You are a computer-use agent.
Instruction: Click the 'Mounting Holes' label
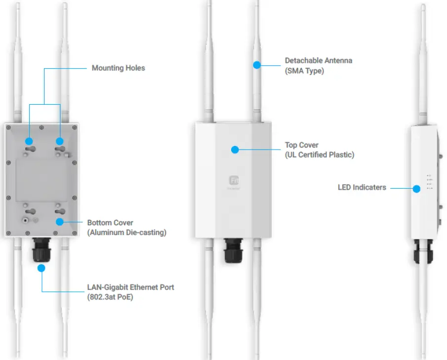point(118,68)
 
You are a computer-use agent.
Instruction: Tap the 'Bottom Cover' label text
point(110,223)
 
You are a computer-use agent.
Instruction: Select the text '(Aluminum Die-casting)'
point(126,233)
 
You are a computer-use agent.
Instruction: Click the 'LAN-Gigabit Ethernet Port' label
point(130,287)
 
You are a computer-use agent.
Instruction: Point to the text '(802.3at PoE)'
point(109,297)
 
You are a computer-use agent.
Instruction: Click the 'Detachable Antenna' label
point(319,61)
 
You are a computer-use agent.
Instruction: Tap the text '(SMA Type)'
point(304,71)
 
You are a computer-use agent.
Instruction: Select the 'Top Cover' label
point(301,145)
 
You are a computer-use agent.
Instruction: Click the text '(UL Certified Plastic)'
point(319,155)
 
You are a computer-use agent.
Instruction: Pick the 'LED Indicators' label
point(362,188)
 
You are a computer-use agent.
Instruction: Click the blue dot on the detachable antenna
point(257,64)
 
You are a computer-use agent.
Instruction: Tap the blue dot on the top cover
point(235,149)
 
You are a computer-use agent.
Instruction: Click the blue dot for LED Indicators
point(417,188)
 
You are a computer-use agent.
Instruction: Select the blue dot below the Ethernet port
point(41,268)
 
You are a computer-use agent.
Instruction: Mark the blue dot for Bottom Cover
point(60,222)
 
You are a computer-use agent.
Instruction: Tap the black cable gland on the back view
point(41,251)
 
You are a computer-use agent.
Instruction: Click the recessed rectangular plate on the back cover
point(41,180)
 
